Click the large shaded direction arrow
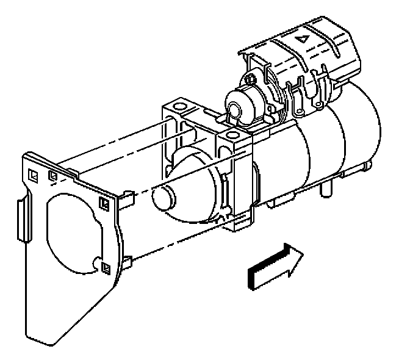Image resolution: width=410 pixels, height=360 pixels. tap(275, 267)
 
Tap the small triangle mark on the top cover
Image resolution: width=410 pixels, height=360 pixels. tap(301, 38)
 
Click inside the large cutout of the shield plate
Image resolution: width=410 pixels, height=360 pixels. tap(70, 232)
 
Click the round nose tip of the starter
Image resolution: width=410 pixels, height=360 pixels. tap(164, 197)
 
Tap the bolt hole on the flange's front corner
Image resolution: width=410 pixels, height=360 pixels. tap(232, 135)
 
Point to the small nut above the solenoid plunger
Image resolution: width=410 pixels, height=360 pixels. tap(250, 79)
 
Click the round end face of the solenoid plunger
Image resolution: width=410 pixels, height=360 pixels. tap(233, 108)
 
